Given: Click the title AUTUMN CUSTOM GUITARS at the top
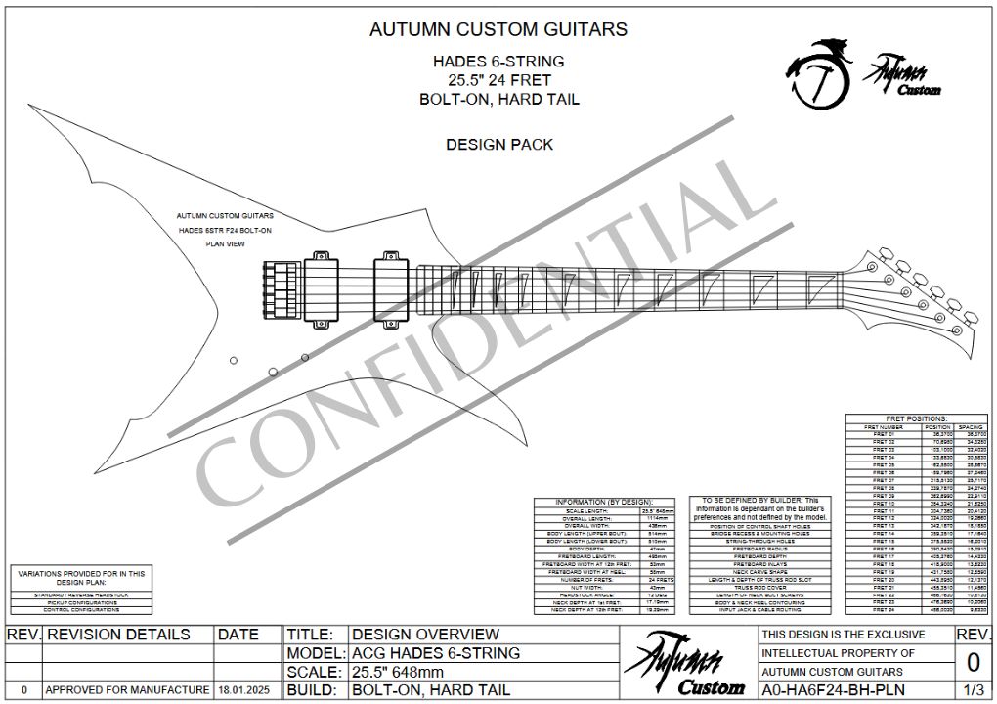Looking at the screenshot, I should coord(498,29).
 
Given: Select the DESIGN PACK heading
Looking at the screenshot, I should coord(498,145).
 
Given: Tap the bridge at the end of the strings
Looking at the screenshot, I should coord(277,290).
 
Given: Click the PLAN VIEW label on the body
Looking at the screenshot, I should coord(224,243).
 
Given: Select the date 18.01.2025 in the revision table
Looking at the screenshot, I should coord(238,690).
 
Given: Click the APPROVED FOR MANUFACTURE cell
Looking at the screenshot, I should coord(127,690).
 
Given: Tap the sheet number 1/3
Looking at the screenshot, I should coord(973,690).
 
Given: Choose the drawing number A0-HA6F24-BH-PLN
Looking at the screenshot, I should coord(833,690).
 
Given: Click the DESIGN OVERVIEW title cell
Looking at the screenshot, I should coord(425,635).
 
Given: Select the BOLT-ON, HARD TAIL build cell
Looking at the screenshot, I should coord(426,690).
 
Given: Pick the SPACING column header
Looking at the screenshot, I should coord(970,427).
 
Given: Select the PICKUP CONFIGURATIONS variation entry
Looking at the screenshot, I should coord(81,602).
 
